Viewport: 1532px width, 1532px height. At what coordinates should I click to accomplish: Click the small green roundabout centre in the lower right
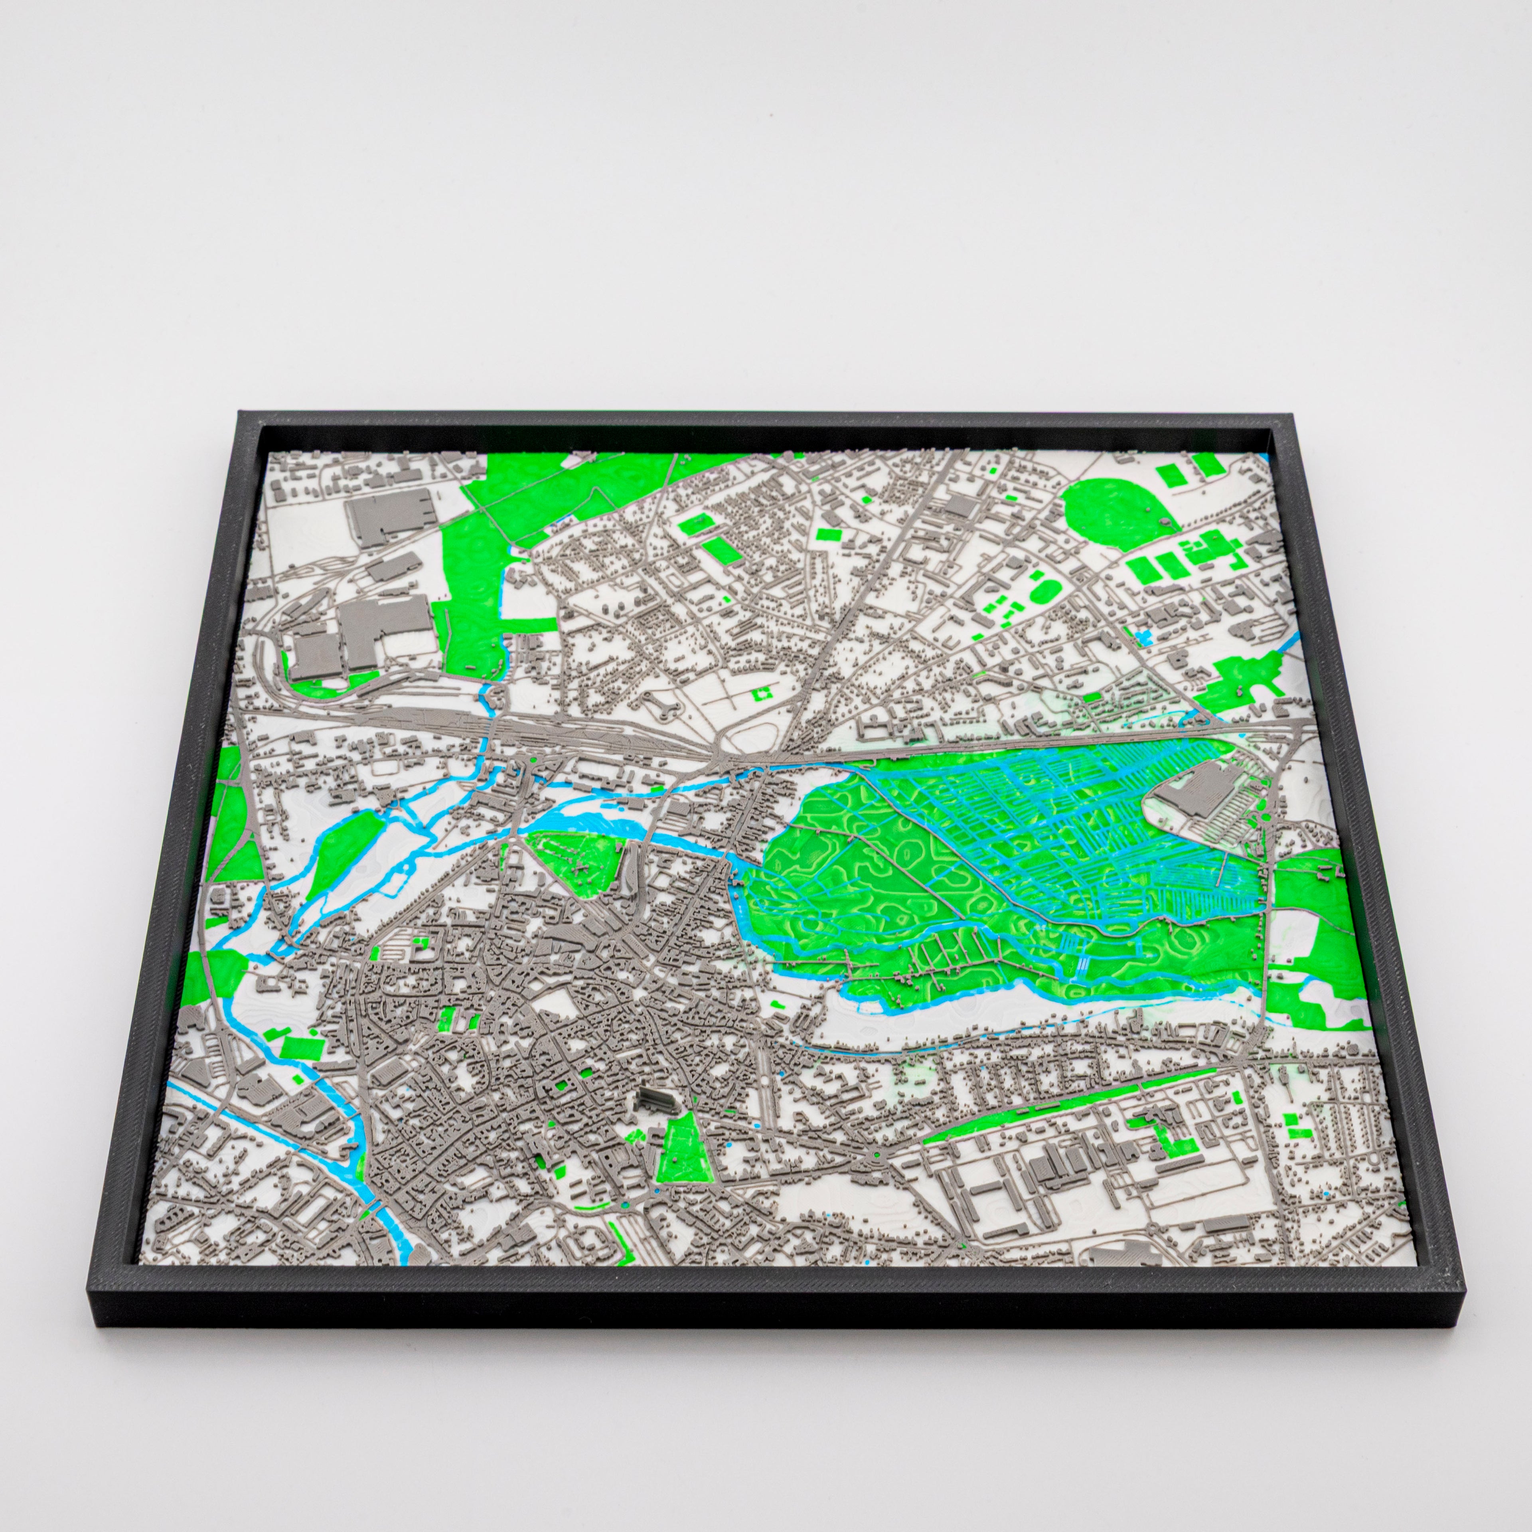[x=877, y=1155]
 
